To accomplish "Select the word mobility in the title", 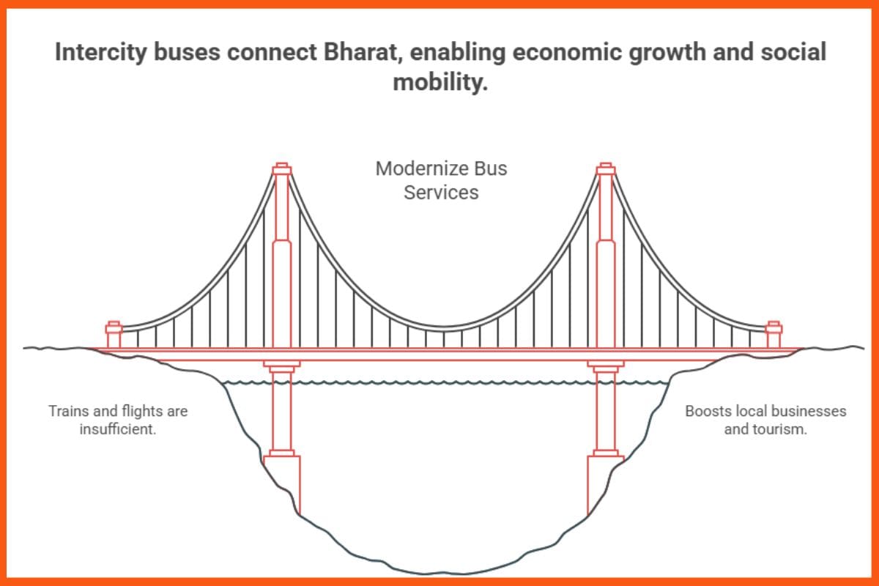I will [x=439, y=82].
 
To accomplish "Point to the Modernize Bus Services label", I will [x=441, y=180].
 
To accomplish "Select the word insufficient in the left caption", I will [x=118, y=429].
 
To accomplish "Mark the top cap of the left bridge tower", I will [x=282, y=169].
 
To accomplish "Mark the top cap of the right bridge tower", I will [x=605, y=169].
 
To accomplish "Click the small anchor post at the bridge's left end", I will [x=114, y=334].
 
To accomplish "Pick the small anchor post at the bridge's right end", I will [x=774, y=334].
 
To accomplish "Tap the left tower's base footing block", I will [x=282, y=480].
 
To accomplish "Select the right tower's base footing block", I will [x=605, y=480].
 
